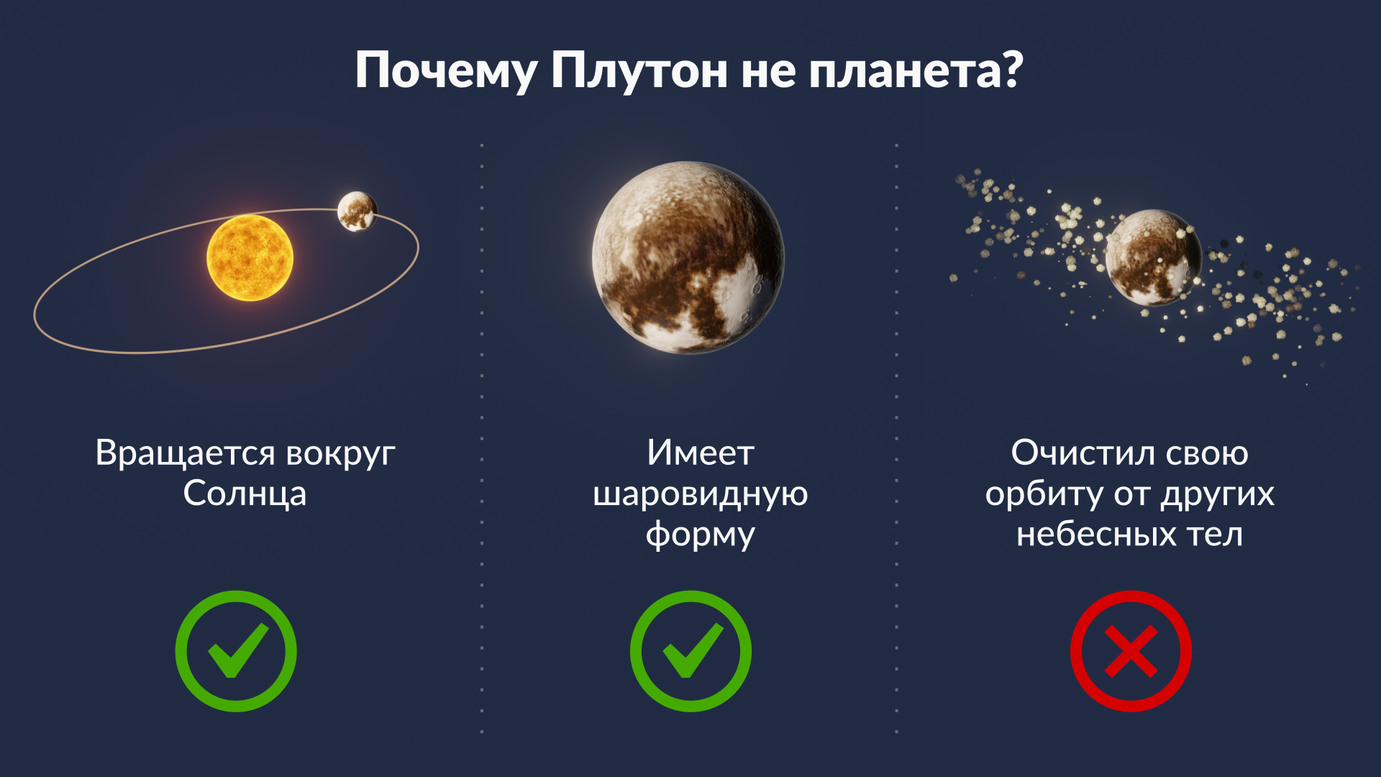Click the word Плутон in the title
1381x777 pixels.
coord(639,71)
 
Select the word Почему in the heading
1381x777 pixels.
coord(446,71)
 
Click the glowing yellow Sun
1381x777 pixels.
coord(250,258)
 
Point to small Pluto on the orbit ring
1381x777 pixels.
coord(357,212)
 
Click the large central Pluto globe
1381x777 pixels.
coord(688,258)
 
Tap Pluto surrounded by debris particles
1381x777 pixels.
coord(1153,258)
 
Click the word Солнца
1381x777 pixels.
coord(245,494)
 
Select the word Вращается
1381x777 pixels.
coord(185,454)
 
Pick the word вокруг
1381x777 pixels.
coord(340,455)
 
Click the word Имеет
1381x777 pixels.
coord(700,453)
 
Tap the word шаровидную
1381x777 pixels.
coord(700,495)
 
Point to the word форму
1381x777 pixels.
coord(700,535)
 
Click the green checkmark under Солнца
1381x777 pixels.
coord(236,651)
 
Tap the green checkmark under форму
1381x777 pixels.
coord(690,651)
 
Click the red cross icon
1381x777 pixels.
coord(1131,651)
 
